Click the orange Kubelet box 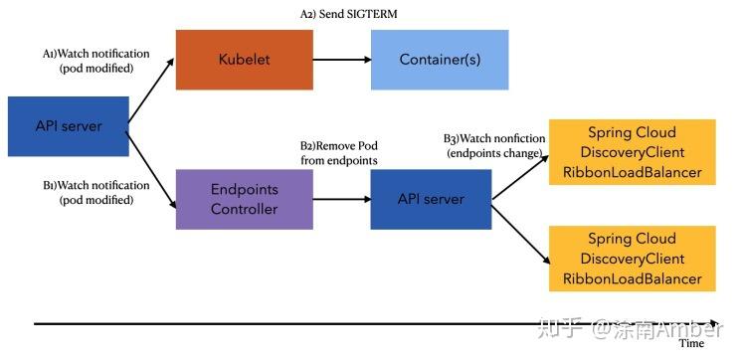[x=245, y=60]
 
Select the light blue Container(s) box [x=440, y=60]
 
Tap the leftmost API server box [x=68, y=126]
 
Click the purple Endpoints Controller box [x=244, y=199]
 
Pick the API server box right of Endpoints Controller [x=430, y=199]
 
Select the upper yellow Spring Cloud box [x=632, y=152]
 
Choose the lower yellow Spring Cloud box [x=632, y=259]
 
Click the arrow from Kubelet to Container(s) [x=342, y=60]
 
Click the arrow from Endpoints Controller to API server [x=340, y=199]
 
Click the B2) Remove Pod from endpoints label [x=339, y=152]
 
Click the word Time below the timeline [x=690, y=344]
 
